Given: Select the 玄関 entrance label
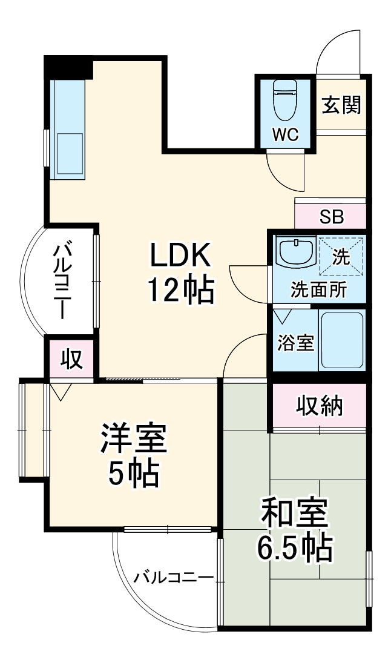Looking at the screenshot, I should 341,105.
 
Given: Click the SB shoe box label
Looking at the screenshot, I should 332,216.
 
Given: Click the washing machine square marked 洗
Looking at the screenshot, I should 341,256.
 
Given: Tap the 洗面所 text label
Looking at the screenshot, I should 318,289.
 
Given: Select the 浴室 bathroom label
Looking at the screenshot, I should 295,343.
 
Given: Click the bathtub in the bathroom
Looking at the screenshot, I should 341,340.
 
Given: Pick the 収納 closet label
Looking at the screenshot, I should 320,406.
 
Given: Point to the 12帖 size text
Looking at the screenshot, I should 181,292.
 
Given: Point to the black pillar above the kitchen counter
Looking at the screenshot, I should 68,67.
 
